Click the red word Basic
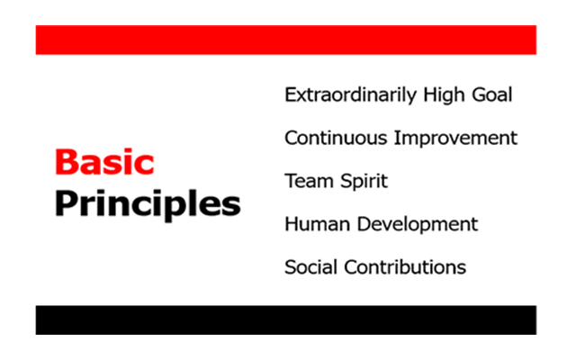(x=104, y=162)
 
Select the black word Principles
(x=148, y=204)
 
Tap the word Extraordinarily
(x=351, y=95)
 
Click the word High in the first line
(x=444, y=95)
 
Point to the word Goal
(x=492, y=94)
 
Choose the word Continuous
(x=336, y=138)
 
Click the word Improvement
(x=455, y=139)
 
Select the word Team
(x=309, y=181)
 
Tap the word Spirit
(x=364, y=182)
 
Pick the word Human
(x=318, y=224)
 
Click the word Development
(x=418, y=225)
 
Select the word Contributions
(x=405, y=267)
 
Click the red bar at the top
(x=286, y=40)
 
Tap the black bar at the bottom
(x=286, y=320)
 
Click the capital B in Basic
(x=66, y=162)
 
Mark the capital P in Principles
(x=66, y=202)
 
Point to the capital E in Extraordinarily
(x=291, y=94)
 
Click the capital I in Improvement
(x=396, y=138)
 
